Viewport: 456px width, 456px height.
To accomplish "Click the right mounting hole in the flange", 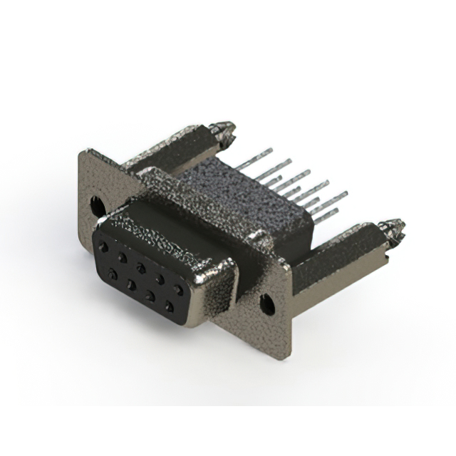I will [x=267, y=304].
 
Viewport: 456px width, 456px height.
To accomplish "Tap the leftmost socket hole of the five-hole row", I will [x=105, y=246].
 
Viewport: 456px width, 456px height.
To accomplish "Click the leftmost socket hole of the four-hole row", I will [x=112, y=273].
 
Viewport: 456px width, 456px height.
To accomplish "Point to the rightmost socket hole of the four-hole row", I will [x=169, y=306].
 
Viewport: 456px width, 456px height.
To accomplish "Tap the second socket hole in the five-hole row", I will [x=123, y=256].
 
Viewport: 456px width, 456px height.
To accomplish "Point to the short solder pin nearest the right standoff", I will [x=335, y=212].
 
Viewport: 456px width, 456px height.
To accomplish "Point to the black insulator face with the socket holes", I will [x=142, y=278].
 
